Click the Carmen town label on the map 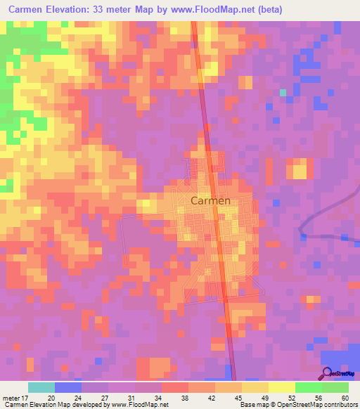210,200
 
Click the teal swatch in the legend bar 41,387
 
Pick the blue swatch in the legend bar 68,387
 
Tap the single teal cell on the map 283,92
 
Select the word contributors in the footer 340,405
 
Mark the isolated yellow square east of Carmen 299,169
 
